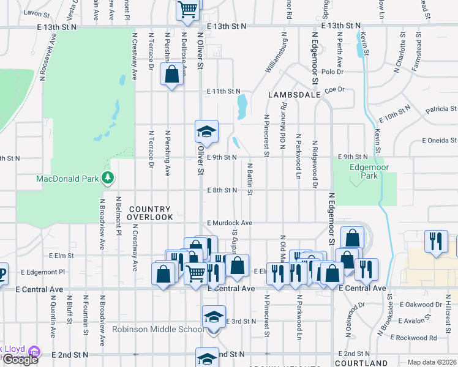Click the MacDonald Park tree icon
pyautogui.click(x=108, y=178)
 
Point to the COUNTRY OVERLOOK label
pyautogui.click(x=151, y=213)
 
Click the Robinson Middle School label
pyautogui.click(x=158, y=329)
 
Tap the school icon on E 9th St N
pyautogui.click(x=207, y=132)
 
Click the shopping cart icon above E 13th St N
pyautogui.click(x=188, y=9)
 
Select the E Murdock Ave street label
pyautogui.click(x=230, y=223)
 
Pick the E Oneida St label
pyautogui.click(x=440, y=140)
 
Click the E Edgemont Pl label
pyautogui.click(x=43, y=272)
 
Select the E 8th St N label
pyautogui.click(x=222, y=190)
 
